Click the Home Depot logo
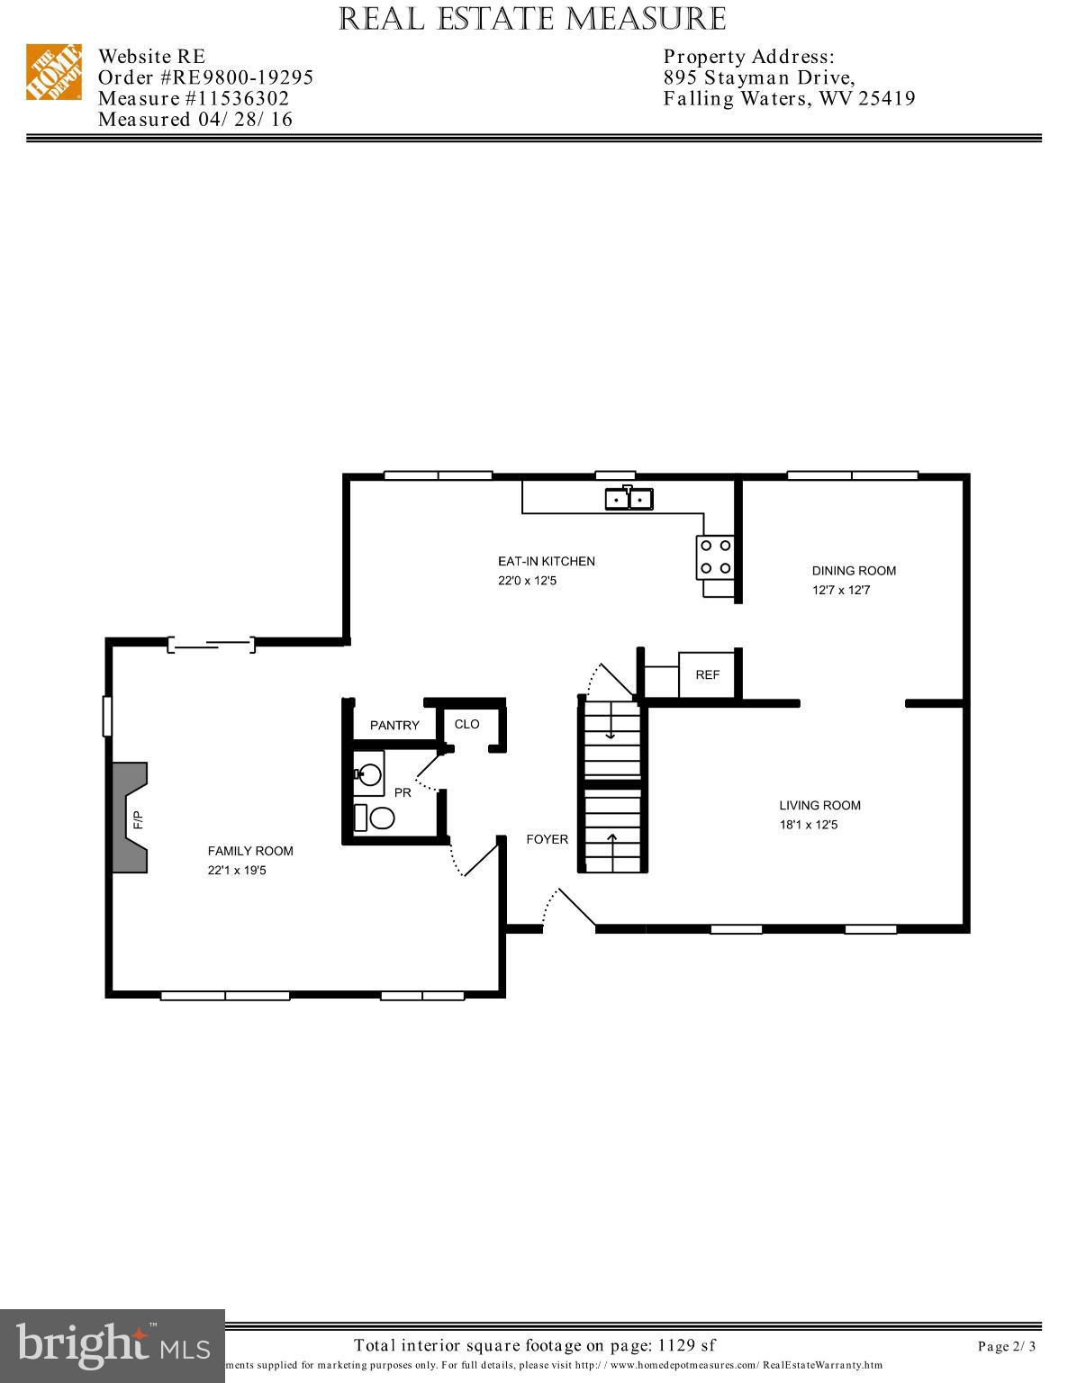coord(53,72)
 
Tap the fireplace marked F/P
coord(131,818)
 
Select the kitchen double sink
coord(629,497)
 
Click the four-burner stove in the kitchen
coord(714,556)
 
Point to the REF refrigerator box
coord(708,674)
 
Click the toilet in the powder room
coord(381,818)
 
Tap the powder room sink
coord(369,773)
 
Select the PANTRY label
coord(394,725)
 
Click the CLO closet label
coord(466,724)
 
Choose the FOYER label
coord(548,839)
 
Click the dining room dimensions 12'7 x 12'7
coord(841,591)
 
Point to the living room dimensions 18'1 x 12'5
coord(809,825)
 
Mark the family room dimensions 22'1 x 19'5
coord(237,871)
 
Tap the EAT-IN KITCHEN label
coord(547,561)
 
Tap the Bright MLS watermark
coord(113,1345)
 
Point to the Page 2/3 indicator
coord(1007,1347)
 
